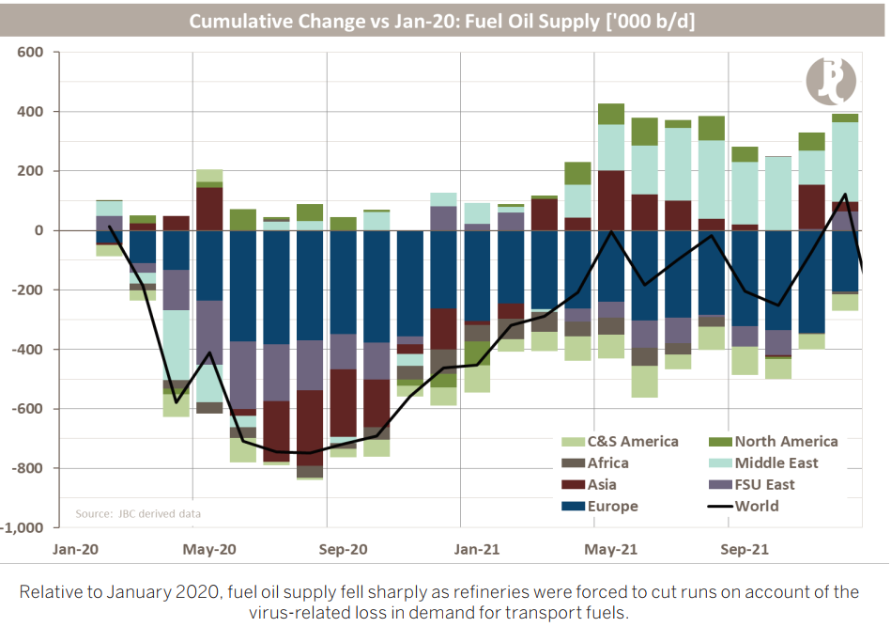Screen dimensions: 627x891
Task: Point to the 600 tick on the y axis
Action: coord(32,52)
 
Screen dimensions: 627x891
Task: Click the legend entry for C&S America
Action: coord(620,441)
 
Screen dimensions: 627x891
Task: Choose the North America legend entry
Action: coord(786,441)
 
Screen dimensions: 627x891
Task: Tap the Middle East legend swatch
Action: coord(714,463)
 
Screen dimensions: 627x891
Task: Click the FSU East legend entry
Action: coord(764,485)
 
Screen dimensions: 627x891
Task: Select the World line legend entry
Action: coord(757,507)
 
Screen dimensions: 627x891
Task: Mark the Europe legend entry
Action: coord(613,507)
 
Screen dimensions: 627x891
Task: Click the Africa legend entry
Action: coord(607,463)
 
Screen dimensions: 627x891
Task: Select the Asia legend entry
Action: coord(602,485)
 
